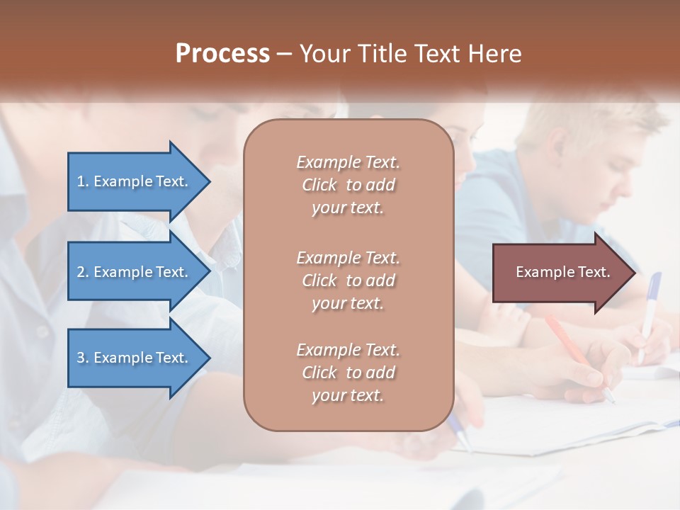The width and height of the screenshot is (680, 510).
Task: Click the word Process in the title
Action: tap(222, 54)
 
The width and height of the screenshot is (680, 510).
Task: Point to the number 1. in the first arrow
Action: tap(83, 181)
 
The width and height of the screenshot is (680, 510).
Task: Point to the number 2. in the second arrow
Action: tap(83, 272)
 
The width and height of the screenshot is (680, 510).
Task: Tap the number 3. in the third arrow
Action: tap(83, 358)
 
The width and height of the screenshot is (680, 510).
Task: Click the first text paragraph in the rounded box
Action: tap(348, 185)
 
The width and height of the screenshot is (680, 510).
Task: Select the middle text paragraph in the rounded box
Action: tap(348, 280)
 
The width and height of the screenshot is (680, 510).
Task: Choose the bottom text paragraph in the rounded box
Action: tap(348, 373)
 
